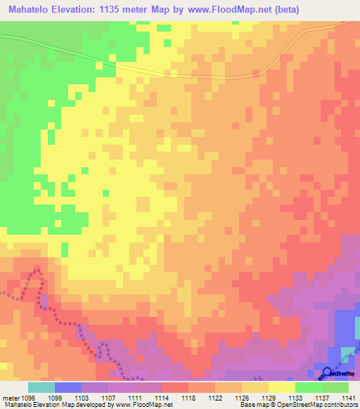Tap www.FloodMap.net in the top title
(x=242, y=9)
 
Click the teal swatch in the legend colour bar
(x=41, y=387)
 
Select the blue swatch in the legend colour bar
(x=68, y=387)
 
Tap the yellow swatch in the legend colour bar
(x=282, y=387)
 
